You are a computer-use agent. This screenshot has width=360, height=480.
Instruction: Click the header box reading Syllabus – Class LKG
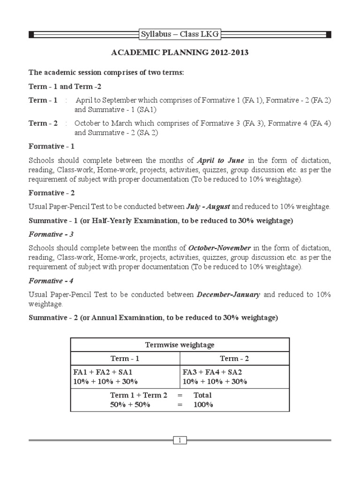pos(180,34)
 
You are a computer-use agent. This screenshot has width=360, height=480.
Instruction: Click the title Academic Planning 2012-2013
pos(180,53)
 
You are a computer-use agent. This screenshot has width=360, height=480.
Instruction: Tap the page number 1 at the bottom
pos(180,440)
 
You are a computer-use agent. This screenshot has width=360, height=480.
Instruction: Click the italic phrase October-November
pos(219,247)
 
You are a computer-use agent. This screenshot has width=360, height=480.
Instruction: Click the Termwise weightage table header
pos(180,345)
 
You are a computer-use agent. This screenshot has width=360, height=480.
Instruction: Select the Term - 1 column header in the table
pos(125,359)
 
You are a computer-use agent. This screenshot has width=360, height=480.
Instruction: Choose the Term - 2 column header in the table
pos(235,359)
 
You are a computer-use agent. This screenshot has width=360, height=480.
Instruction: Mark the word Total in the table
pos(202,395)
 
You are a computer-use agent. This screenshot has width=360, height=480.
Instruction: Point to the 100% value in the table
pos(203,405)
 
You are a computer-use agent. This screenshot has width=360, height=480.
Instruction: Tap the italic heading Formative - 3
pos(52,234)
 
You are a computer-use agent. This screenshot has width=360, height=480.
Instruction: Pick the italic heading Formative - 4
pos(52,281)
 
